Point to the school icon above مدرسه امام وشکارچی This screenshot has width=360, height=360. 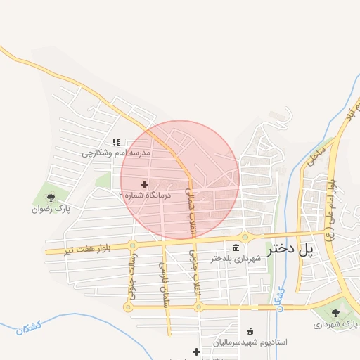pos(116,142)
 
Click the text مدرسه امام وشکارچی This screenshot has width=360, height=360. pos(116,153)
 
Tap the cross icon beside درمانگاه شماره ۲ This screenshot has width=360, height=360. pos(145,184)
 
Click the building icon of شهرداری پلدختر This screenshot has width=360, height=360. pos(236,247)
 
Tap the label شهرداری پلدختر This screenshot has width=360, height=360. pos(236,259)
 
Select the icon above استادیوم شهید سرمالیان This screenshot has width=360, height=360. pos(250,331)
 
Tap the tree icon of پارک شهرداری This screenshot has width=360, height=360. pos(335,313)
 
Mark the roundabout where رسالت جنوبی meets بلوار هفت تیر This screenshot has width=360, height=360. pos(132,245)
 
